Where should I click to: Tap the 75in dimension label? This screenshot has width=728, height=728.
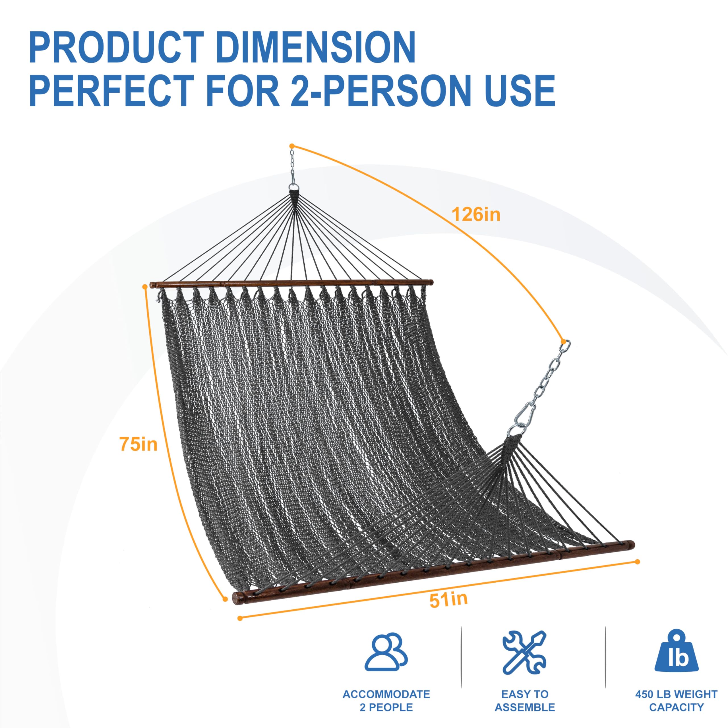[138, 444]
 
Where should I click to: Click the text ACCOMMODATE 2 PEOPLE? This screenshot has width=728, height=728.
[386, 701]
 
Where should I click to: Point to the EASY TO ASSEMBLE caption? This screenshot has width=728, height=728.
[524, 701]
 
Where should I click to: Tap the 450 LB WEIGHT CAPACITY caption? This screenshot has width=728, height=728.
[676, 701]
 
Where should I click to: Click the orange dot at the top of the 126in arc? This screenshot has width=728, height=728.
[291, 146]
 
